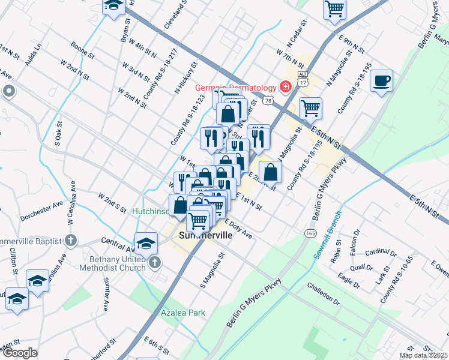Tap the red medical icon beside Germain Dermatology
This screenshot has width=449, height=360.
[286, 86]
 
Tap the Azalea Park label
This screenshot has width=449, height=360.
[183, 313]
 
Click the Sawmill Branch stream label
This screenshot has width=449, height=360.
[327, 235]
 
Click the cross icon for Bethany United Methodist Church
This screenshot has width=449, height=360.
[155, 262]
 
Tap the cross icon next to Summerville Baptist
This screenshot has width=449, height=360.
[71, 241]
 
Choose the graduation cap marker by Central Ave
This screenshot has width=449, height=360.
[145, 242]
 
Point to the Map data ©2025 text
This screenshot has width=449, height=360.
[424, 355]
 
